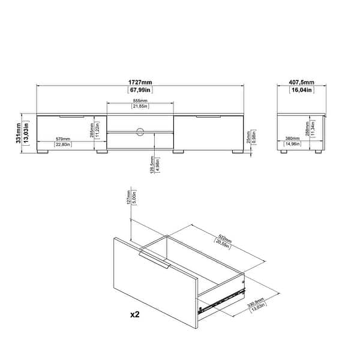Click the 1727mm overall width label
tap(141, 82)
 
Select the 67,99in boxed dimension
tap(141, 90)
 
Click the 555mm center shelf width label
tap(141, 100)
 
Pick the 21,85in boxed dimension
tap(141, 107)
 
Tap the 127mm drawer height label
tap(129, 199)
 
